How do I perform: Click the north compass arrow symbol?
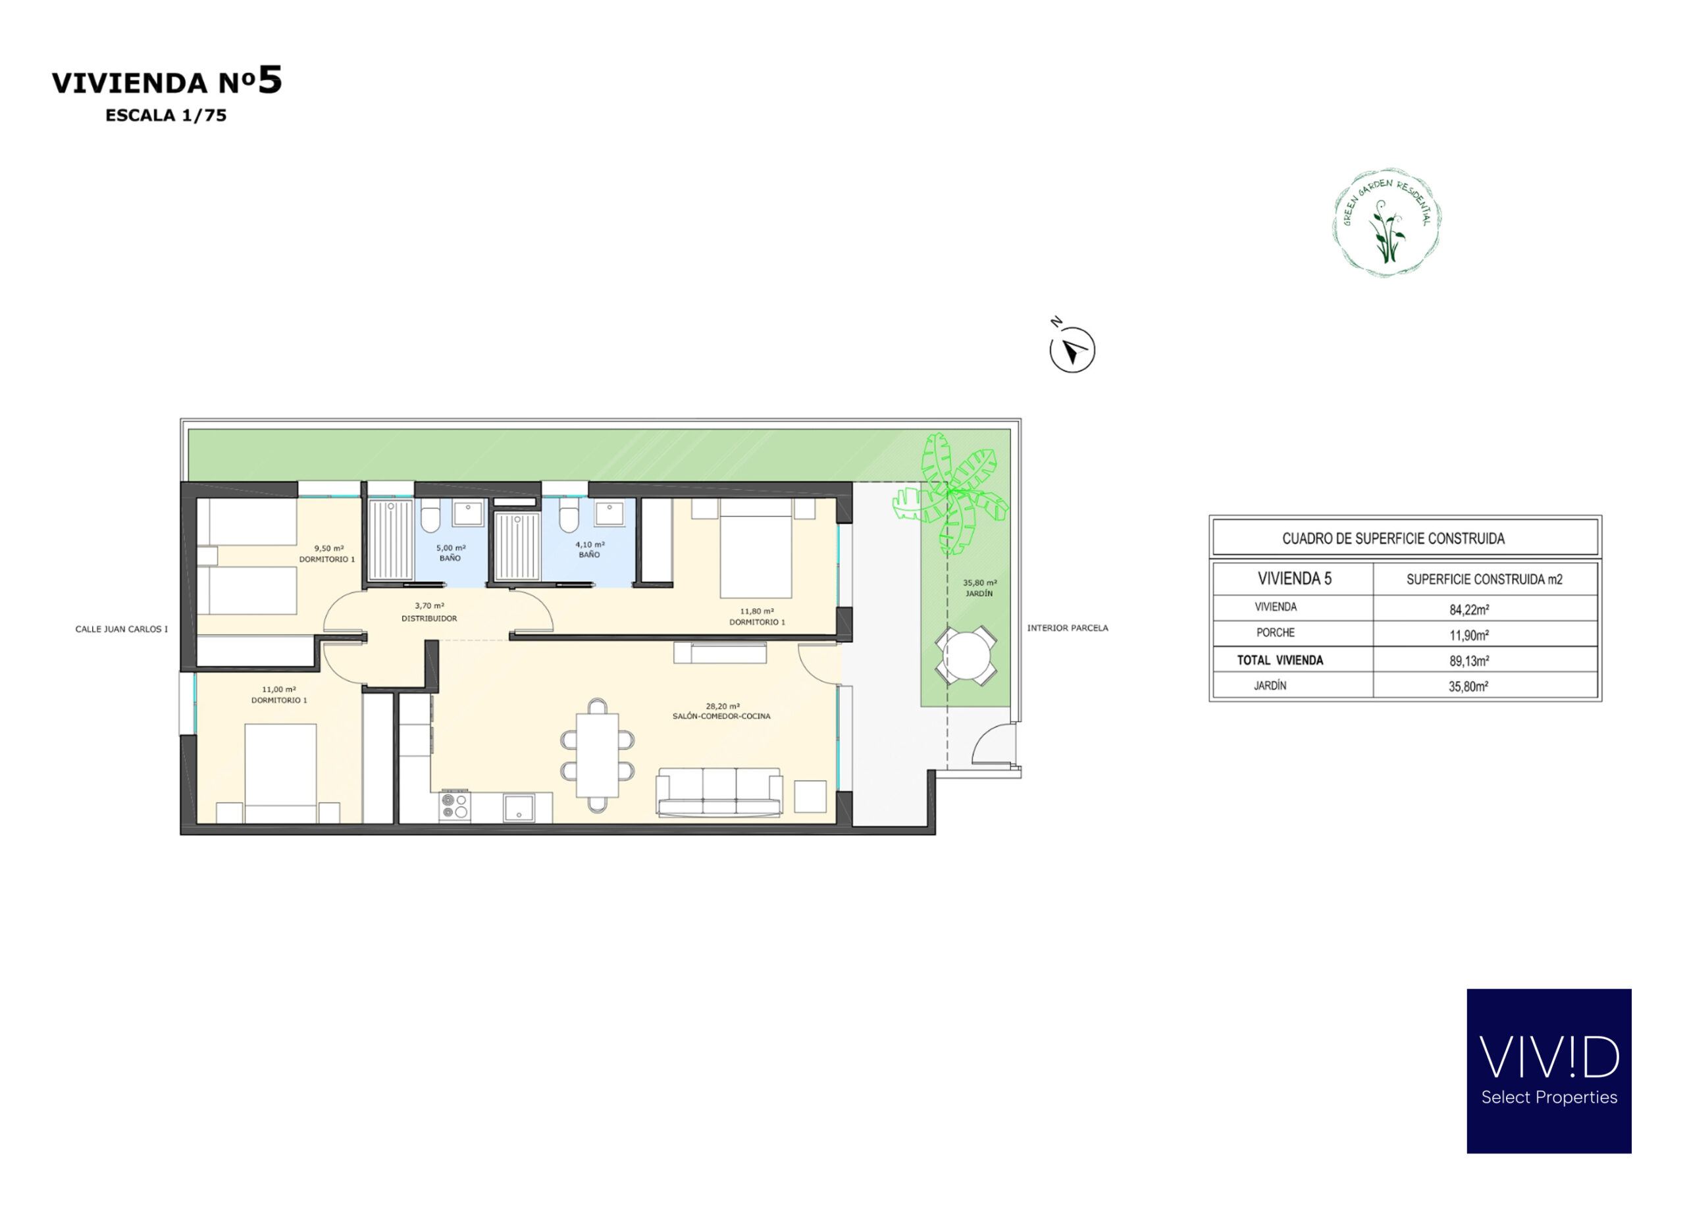(x=1072, y=349)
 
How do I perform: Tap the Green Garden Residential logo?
(x=1386, y=222)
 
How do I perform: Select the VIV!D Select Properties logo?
(x=1549, y=1071)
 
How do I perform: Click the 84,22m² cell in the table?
(x=1468, y=609)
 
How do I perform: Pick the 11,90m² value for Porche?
(x=1468, y=635)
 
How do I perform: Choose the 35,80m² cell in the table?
(x=1468, y=686)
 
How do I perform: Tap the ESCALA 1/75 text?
(x=165, y=115)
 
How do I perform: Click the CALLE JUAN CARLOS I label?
(x=122, y=629)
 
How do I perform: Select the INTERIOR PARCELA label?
(x=1067, y=628)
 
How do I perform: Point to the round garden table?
(x=966, y=656)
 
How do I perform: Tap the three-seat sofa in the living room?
(x=719, y=792)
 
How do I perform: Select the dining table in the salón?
(x=597, y=755)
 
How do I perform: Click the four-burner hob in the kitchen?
(x=454, y=807)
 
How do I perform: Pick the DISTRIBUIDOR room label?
(x=429, y=618)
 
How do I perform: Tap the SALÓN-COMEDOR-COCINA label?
(x=721, y=716)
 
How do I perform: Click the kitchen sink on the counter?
(x=519, y=808)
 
